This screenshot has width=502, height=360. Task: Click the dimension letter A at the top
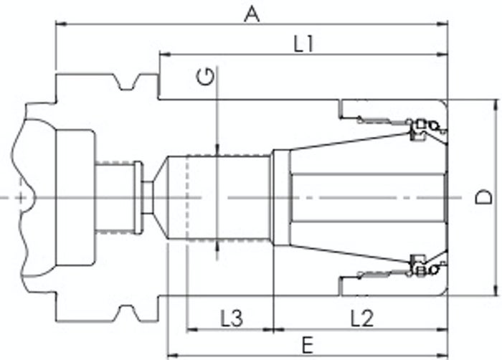tap(252, 15)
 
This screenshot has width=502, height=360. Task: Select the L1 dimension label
tap(304, 44)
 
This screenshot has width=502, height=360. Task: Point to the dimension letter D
tap(483, 197)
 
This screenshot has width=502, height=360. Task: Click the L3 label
tap(232, 318)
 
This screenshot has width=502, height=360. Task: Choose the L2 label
tap(362, 318)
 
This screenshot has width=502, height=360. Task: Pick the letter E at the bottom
tap(308, 346)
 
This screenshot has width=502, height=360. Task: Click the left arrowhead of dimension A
tap(61, 24)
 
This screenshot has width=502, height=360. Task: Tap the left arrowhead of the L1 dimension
tap(165, 55)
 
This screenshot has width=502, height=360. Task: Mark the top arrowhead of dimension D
tap(496, 105)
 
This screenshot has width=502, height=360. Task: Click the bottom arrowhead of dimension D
tap(496, 290)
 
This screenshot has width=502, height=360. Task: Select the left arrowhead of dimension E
tap(174, 355)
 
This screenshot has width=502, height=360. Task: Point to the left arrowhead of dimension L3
tap(191, 329)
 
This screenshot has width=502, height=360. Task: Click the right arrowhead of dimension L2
tap(442, 329)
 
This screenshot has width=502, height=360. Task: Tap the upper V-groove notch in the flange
tap(128, 82)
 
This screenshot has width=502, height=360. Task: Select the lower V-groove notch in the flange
tap(128, 313)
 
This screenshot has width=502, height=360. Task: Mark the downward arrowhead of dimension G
tap(217, 150)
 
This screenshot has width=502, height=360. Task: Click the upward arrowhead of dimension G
tap(217, 247)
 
